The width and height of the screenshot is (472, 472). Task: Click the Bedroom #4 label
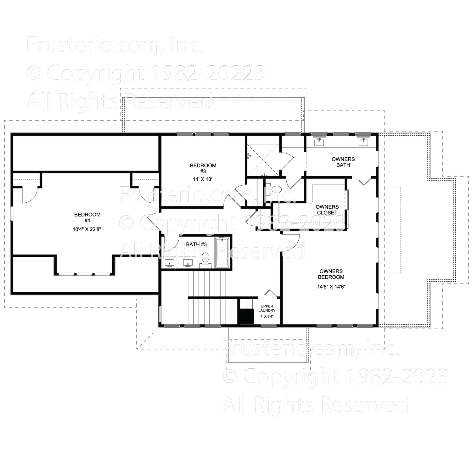click(87, 217)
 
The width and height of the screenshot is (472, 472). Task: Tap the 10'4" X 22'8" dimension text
click(87, 229)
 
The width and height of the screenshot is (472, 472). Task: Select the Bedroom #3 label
click(203, 168)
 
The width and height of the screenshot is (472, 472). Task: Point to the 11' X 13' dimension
click(203, 179)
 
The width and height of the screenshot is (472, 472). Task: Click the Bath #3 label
click(196, 244)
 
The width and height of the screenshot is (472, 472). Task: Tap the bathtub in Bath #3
click(222, 252)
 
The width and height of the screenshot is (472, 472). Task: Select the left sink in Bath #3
click(170, 263)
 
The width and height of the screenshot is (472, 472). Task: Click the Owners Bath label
click(343, 162)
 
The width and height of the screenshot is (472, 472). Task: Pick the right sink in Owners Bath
click(364, 142)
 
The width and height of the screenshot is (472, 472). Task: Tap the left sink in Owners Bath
click(320, 142)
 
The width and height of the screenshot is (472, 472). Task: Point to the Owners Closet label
click(327, 210)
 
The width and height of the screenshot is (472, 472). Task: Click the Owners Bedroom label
click(331, 274)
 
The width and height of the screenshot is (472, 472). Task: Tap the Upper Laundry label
click(267, 308)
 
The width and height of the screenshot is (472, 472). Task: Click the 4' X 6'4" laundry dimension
click(267, 316)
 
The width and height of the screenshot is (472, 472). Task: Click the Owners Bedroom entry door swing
click(291, 241)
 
